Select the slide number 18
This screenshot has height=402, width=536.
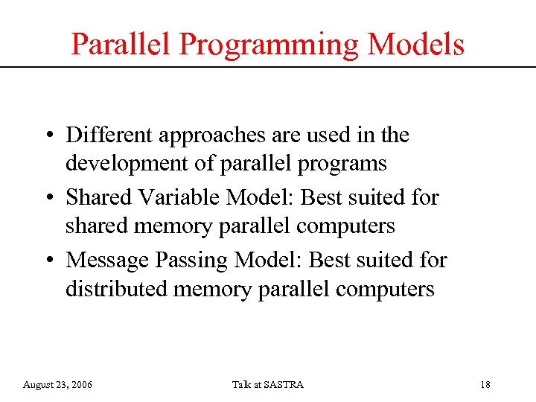point(485,384)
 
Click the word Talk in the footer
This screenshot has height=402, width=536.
point(241,384)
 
